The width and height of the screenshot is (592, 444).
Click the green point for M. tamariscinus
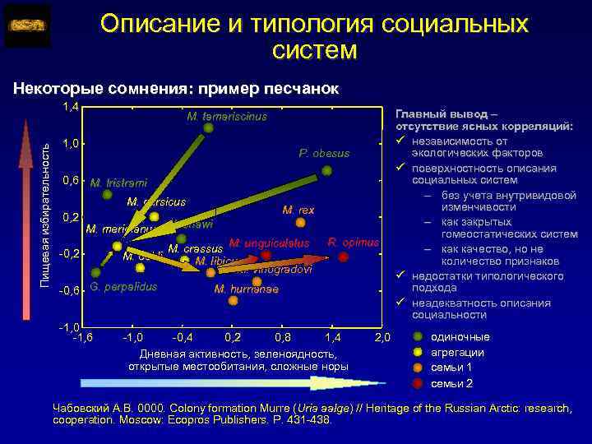click(208, 127)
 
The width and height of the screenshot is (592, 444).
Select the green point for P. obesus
click(327, 171)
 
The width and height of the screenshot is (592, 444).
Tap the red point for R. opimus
click(344, 257)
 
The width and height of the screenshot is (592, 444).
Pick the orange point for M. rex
click(289, 226)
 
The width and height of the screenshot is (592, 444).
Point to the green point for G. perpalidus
click(96, 272)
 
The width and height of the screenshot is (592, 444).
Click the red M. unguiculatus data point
click(266, 256)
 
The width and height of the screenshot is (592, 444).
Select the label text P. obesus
click(324, 154)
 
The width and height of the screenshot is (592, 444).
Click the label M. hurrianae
click(246, 289)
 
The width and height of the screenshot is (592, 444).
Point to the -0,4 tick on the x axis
click(183, 338)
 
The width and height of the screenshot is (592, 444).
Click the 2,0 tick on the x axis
click(382, 338)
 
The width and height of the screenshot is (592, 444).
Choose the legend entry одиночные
click(460, 337)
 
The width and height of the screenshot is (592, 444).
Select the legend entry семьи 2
click(451, 384)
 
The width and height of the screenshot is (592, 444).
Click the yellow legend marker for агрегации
click(418, 353)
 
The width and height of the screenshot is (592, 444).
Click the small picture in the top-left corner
click(27, 26)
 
